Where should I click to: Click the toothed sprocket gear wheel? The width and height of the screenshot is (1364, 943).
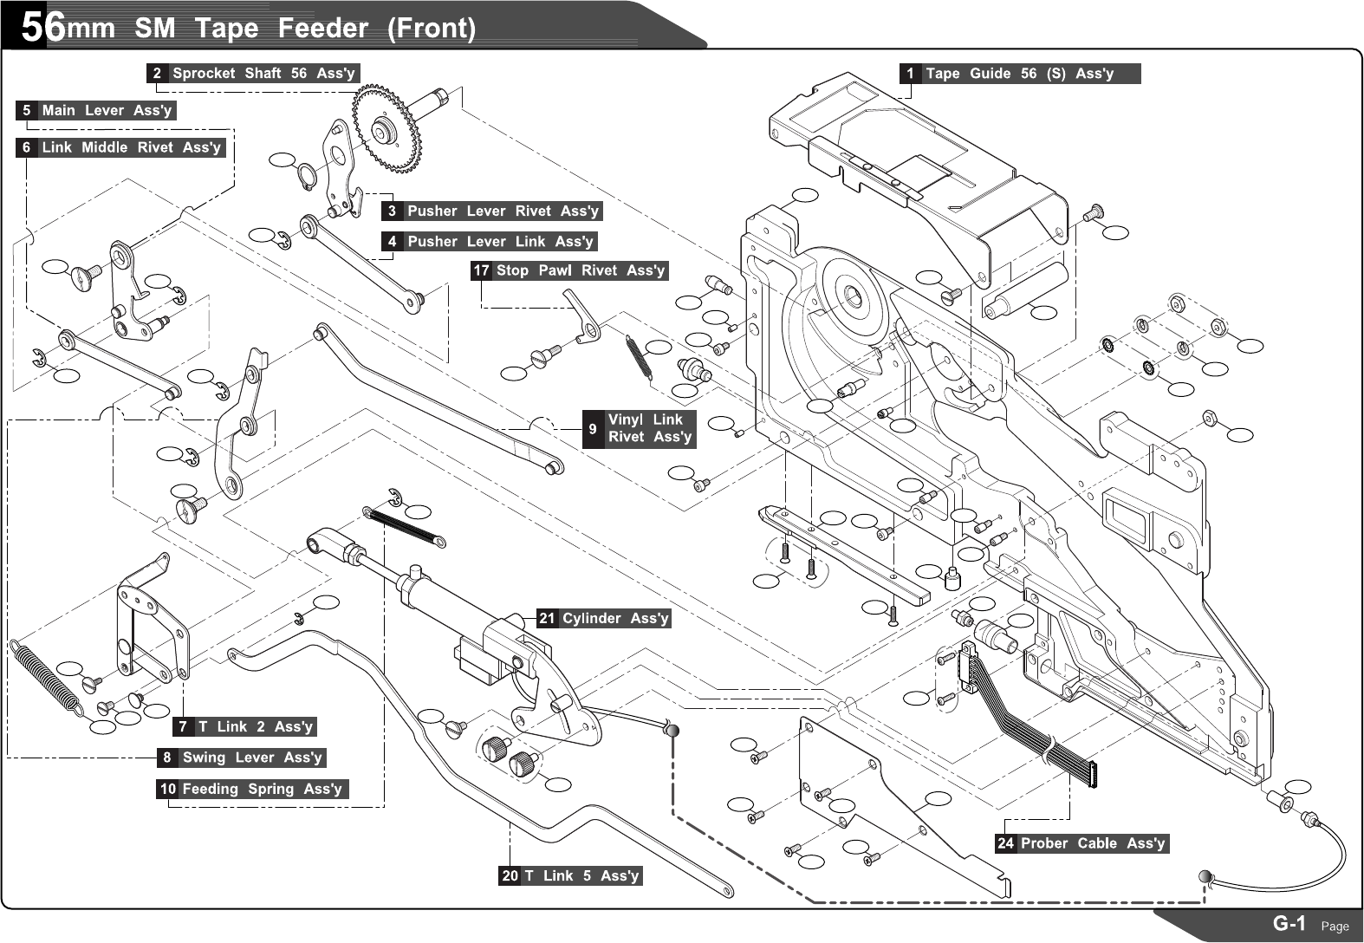(386, 128)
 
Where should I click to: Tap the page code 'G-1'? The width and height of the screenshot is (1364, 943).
(1289, 924)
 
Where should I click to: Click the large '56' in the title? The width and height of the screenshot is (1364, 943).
(42, 28)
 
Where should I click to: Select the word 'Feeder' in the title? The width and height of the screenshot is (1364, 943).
(322, 29)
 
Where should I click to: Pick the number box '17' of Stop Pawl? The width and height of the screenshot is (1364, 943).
(481, 270)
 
